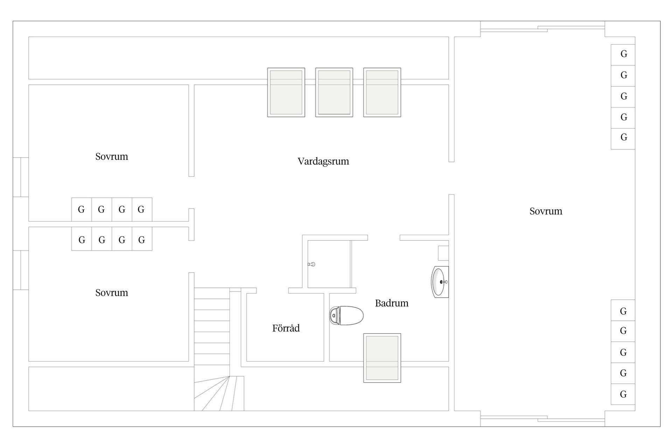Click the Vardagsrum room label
pyautogui.click(x=323, y=161)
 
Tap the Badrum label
pyautogui.click(x=392, y=303)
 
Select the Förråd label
pyautogui.click(x=286, y=328)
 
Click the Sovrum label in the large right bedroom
pyautogui.click(x=546, y=211)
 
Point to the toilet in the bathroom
pyautogui.click(x=346, y=315)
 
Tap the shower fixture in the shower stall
pyautogui.click(x=311, y=264)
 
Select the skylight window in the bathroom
pyautogui.click(x=382, y=358)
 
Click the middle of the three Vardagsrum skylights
pyautogui.click(x=334, y=92)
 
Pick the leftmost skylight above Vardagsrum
pyautogui.click(x=286, y=92)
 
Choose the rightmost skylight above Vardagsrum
pyautogui.click(x=382, y=92)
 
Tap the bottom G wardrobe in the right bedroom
pyautogui.click(x=623, y=394)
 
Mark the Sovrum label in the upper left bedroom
pyautogui.click(x=112, y=156)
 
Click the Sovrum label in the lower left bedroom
pyautogui.click(x=112, y=293)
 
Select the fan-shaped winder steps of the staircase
pyautogui.click(x=219, y=394)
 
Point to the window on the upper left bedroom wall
pyautogui.click(x=21, y=177)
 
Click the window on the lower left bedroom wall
pyautogui.click(x=21, y=270)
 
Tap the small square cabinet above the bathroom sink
pyautogui.click(x=443, y=253)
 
